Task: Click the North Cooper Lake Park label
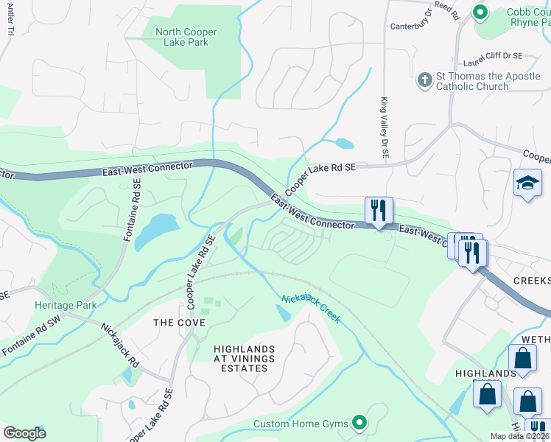click(x=182, y=36)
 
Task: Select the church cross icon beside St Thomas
click(x=424, y=80)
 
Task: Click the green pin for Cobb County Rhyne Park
click(x=480, y=12)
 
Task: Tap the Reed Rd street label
click(x=446, y=10)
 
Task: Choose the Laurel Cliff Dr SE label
click(x=493, y=56)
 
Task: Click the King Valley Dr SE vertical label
click(x=384, y=128)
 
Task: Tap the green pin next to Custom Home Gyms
click(x=359, y=423)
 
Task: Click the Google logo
click(x=24, y=433)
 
